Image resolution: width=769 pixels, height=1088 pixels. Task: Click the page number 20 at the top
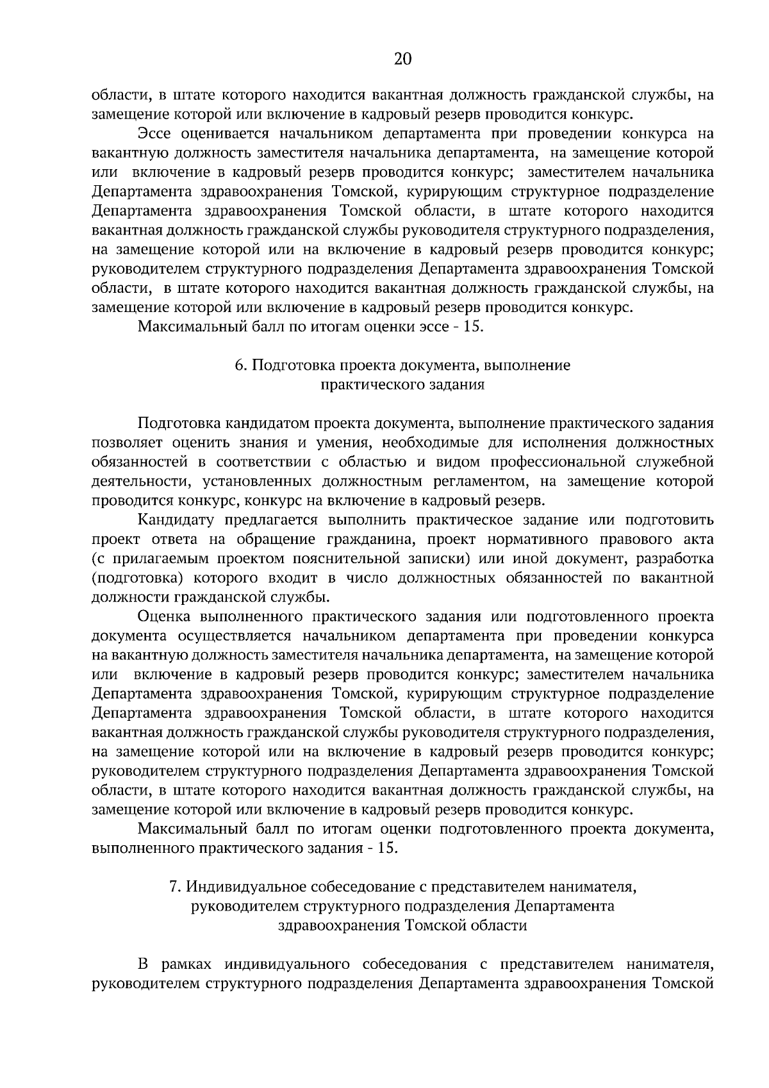(402, 59)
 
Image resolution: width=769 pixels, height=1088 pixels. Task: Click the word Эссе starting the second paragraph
(155, 134)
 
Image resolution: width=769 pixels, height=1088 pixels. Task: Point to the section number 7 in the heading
(173, 887)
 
